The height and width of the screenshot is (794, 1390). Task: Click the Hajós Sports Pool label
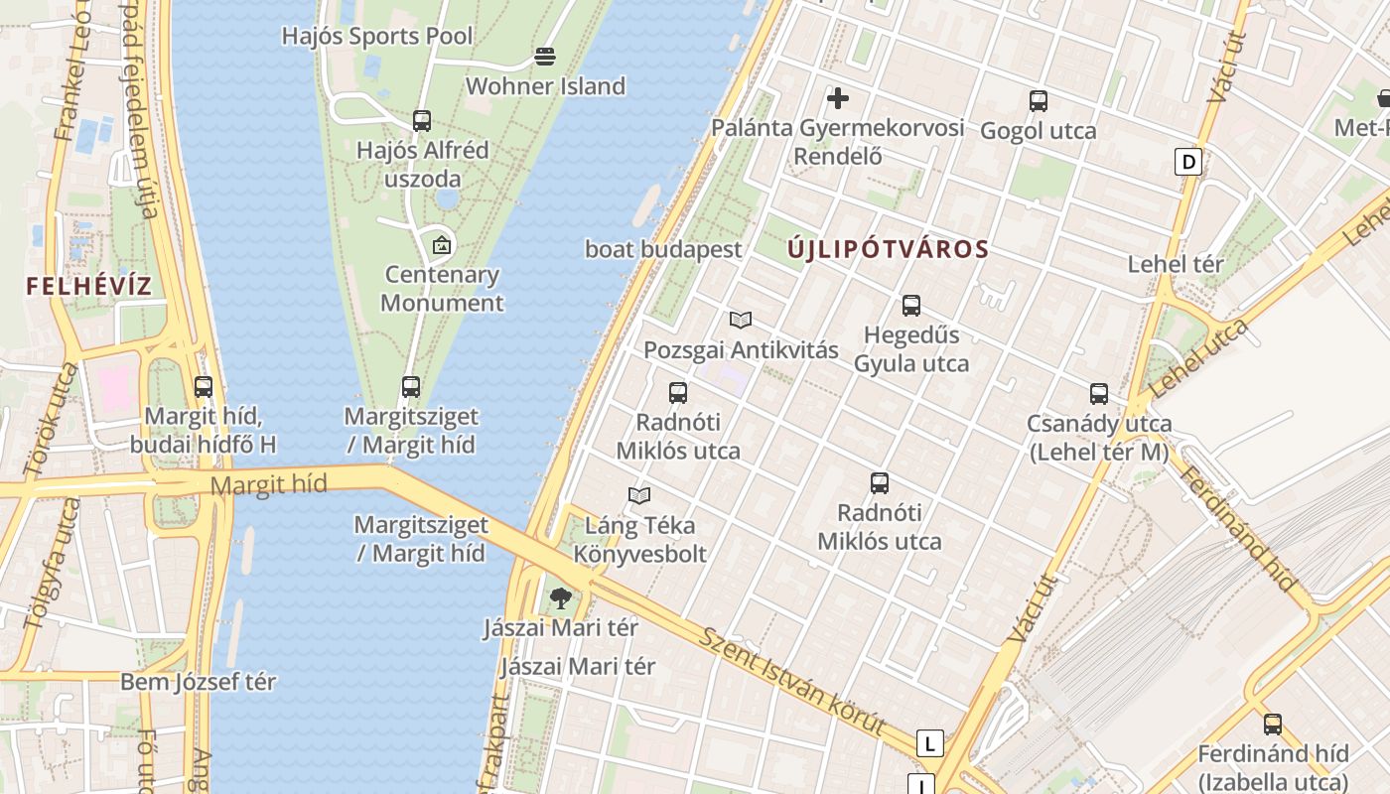[x=377, y=36]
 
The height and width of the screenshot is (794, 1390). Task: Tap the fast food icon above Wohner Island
[x=545, y=57]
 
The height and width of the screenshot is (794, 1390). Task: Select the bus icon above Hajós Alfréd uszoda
[x=422, y=121]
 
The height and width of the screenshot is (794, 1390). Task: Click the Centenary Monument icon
[x=442, y=244]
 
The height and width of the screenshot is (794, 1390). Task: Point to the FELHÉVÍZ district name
[x=89, y=287]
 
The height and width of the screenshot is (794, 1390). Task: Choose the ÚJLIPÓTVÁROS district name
[x=889, y=249]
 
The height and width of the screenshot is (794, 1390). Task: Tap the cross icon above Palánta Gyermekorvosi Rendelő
[x=838, y=98]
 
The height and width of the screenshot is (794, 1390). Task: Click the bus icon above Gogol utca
[x=1039, y=101]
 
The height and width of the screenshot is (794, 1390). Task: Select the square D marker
[x=1188, y=161]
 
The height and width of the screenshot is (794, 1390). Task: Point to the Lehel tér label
[x=1176, y=264]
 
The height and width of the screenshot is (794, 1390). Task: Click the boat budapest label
[x=663, y=249]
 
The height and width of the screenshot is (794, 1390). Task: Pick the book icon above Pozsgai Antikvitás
[x=741, y=320]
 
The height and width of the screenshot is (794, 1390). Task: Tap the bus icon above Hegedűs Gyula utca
[x=911, y=306]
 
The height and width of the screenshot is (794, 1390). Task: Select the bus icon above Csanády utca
[x=1099, y=394]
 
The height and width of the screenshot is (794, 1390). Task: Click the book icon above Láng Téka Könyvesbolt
[x=640, y=495]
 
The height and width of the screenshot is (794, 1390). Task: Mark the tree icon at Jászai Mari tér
[x=561, y=597]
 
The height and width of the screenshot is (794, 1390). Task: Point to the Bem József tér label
[x=199, y=682]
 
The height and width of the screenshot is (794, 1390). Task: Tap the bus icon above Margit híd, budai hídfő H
[x=204, y=387]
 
